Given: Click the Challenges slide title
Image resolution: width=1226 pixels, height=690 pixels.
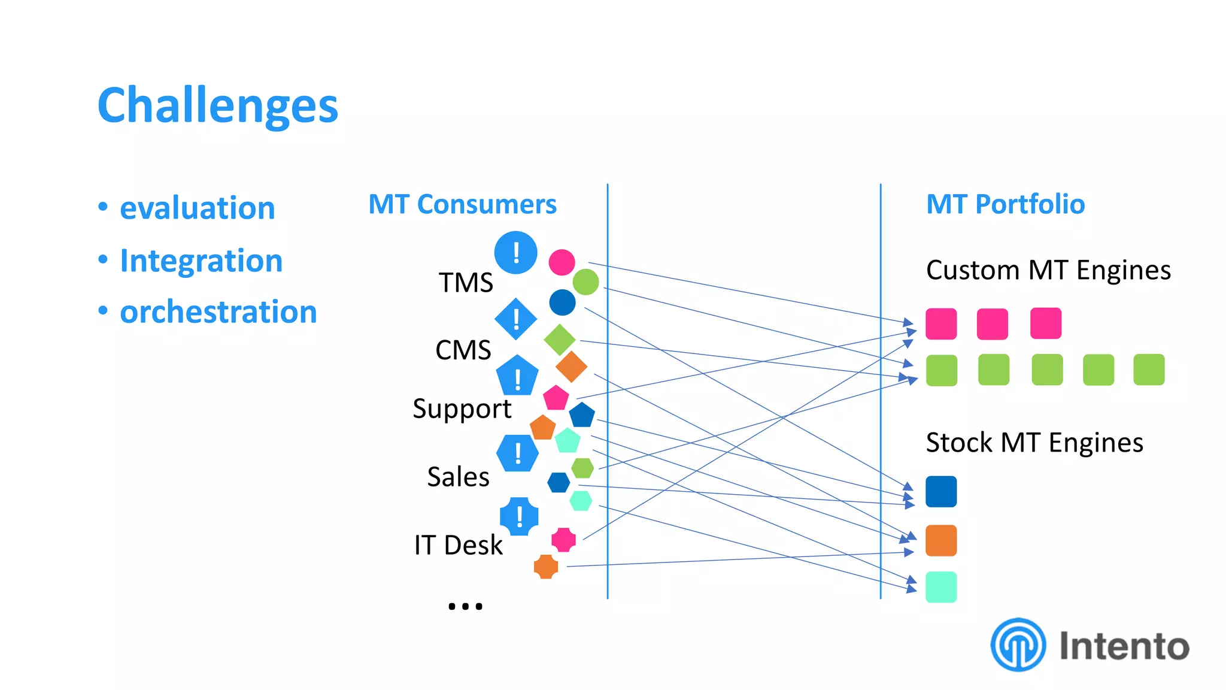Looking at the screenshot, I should [x=218, y=105].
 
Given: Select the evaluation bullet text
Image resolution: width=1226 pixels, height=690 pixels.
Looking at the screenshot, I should [x=197, y=208].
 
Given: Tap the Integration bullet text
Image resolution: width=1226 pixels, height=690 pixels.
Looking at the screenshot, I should [x=201, y=261].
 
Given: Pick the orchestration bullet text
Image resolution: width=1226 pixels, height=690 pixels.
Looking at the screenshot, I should [x=218, y=312].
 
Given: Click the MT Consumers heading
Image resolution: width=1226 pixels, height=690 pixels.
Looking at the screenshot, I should [x=462, y=204].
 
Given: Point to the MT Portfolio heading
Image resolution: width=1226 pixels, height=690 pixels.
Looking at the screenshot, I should [x=1005, y=204].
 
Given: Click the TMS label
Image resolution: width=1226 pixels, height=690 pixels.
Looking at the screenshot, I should [x=466, y=282].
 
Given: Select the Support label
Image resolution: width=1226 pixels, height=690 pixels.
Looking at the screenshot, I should [x=462, y=409].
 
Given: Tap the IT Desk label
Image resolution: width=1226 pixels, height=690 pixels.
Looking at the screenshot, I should [x=458, y=545].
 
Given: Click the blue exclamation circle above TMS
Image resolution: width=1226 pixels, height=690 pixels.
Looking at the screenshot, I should [x=515, y=253].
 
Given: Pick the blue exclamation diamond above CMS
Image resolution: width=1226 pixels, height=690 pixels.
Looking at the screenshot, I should [x=515, y=319].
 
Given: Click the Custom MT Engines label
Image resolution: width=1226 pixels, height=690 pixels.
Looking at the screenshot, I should [x=1048, y=270].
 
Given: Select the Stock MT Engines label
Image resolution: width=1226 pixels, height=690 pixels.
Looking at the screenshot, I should [x=1034, y=443].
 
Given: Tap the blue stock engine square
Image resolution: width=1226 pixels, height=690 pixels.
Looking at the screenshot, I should [x=940, y=492].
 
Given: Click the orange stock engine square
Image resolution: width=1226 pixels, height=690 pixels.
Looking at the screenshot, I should [x=940, y=540].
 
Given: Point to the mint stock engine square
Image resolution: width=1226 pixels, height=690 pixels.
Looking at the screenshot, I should [x=940, y=587].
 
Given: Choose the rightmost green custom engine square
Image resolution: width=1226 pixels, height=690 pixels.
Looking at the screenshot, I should [x=1148, y=370].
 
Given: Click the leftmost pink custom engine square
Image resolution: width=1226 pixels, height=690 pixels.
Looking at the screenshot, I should [x=940, y=324].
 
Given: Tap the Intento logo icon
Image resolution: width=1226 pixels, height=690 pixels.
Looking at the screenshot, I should [x=1018, y=645].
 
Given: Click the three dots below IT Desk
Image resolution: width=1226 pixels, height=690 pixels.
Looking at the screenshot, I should [x=465, y=606].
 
